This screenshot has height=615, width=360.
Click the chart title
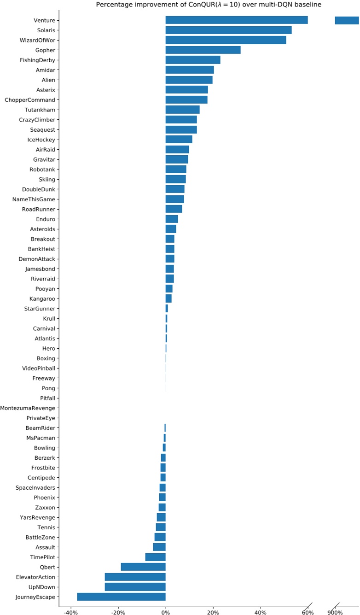click(209, 5)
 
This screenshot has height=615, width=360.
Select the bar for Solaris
click(228, 30)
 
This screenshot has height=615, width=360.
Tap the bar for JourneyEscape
click(121, 597)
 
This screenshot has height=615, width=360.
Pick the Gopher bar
click(203, 50)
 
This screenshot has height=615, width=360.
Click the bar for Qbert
click(143, 567)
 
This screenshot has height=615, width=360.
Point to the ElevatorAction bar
click(135, 577)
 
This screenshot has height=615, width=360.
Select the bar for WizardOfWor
click(226, 40)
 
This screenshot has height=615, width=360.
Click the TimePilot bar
click(155, 557)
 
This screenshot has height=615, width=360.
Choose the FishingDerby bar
click(193, 60)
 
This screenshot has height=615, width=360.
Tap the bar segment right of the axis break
click(347, 20)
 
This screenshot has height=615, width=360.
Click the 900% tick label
click(335, 612)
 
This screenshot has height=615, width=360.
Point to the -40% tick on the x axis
click(70, 612)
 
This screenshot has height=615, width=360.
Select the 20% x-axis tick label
click(213, 612)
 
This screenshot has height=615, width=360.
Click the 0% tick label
click(166, 612)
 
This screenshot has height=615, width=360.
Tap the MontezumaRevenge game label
click(28, 408)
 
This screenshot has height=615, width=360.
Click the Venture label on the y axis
click(44, 20)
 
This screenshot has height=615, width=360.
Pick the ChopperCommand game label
click(30, 100)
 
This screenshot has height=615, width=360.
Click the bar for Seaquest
click(181, 129)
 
